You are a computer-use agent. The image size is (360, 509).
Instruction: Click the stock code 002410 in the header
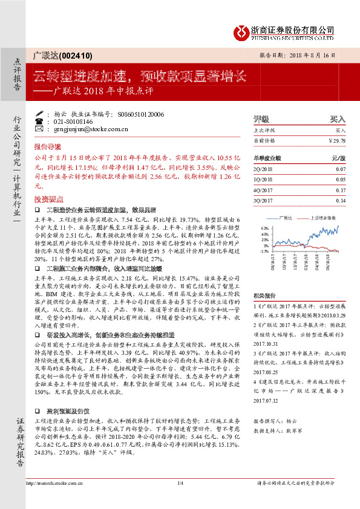(x=78, y=56)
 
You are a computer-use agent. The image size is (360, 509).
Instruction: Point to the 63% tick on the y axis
(x=264, y=229)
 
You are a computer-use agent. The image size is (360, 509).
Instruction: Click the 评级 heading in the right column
(x=261, y=119)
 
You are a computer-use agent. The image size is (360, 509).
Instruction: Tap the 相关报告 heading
(x=265, y=295)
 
